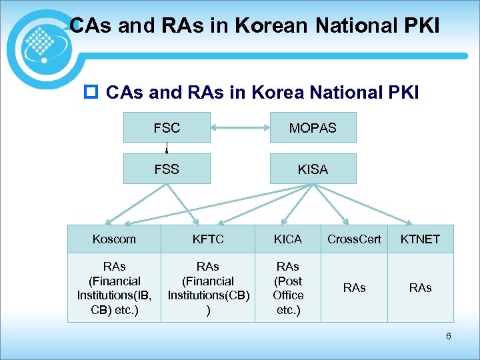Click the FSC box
pos(167,127)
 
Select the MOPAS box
pos(313,127)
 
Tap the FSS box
pos(167,169)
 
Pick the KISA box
pos(313,169)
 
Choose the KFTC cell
pos(208,239)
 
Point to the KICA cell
pos(288,239)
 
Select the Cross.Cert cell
pos(354,239)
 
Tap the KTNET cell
pos(421,239)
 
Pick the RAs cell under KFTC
pos(208,287)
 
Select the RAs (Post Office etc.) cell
pos(288,287)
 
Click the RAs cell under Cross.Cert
pos(354,287)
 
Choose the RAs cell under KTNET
pos(421,287)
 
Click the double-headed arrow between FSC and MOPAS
pos(240,127)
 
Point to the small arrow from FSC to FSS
pos(167,148)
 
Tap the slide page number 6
pos(449,336)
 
